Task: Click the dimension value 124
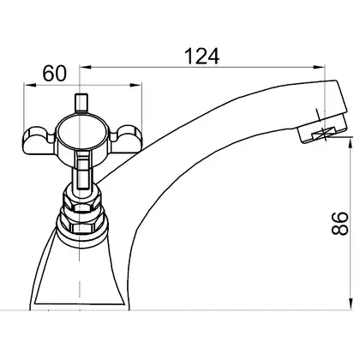(202, 56)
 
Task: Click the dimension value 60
(54, 74)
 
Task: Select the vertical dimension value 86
(340, 224)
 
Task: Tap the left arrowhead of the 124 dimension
(85, 67)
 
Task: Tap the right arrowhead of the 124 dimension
(319, 67)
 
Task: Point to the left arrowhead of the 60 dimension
(30, 85)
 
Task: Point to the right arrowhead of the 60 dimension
(135, 85)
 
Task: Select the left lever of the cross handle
(39, 140)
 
